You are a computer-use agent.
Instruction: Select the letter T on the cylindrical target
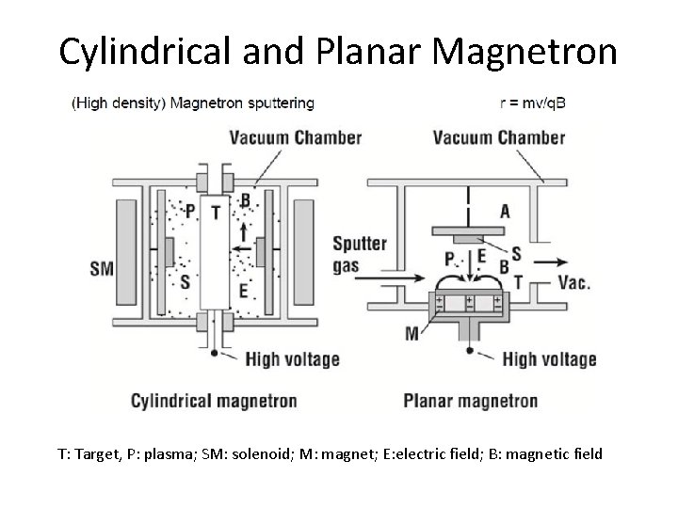[216, 213]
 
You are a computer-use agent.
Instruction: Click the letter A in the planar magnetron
[505, 212]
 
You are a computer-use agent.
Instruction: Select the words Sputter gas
[359, 254]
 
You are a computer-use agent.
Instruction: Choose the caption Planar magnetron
[471, 401]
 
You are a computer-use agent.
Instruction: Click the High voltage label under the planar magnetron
[549, 358]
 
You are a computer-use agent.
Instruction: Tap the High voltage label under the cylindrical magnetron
[292, 358]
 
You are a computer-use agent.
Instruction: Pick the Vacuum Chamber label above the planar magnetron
[499, 137]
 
